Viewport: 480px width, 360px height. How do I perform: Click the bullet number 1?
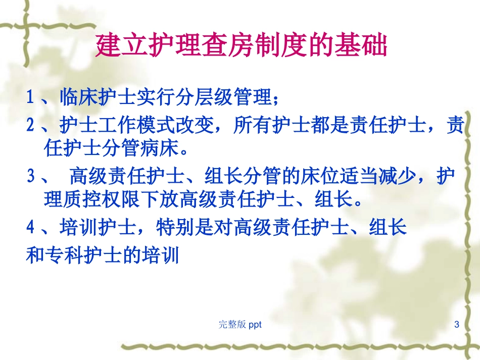click(30, 97)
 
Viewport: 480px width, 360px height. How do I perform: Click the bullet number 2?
click(30, 126)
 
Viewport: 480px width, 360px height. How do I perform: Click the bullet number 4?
click(30, 228)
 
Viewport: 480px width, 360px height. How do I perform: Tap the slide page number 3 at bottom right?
click(457, 324)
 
